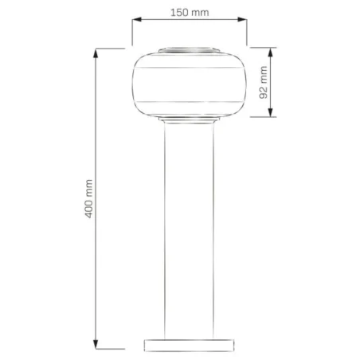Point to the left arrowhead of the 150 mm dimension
135,22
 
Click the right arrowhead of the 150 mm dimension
242,22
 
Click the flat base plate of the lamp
189,344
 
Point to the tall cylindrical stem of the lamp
189,231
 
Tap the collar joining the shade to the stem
189,122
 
